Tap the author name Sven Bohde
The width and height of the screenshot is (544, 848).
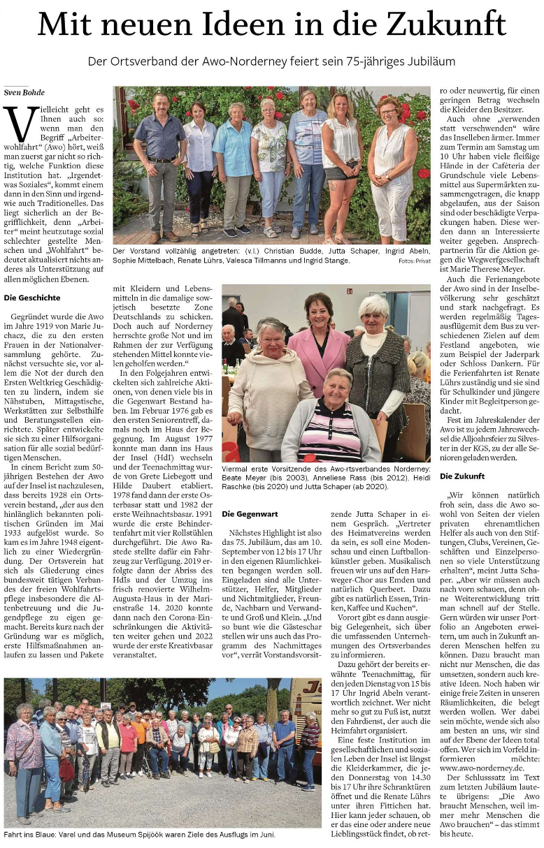(x=23, y=92)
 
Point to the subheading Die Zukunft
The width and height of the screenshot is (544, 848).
(x=462, y=476)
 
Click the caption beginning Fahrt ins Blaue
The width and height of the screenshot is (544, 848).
(x=140, y=834)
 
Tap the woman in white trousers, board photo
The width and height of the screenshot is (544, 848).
(x=392, y=168)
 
